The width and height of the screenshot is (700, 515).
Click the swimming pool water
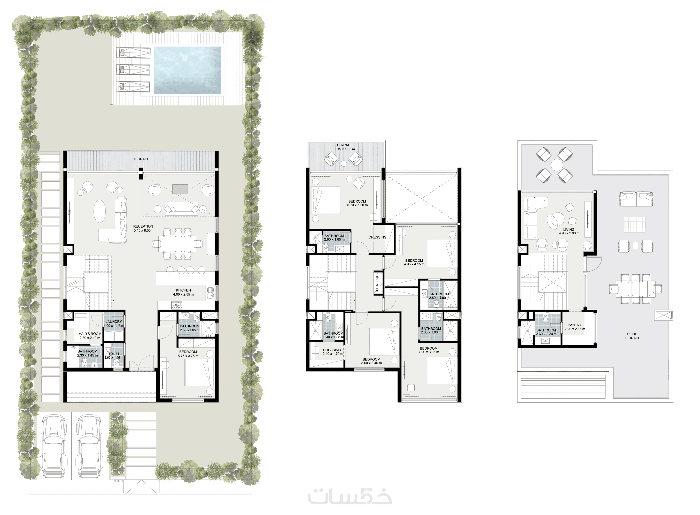click(188, 70)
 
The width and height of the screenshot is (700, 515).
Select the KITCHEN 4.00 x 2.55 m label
click(183, 292)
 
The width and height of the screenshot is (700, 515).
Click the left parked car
click(54, 446)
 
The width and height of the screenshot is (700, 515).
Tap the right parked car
click(89, 446)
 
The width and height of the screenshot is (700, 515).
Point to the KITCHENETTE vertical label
click(377, 283)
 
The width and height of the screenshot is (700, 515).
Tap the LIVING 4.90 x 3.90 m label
click(569, 231)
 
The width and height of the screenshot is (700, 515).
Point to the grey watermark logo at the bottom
click(350, 496)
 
